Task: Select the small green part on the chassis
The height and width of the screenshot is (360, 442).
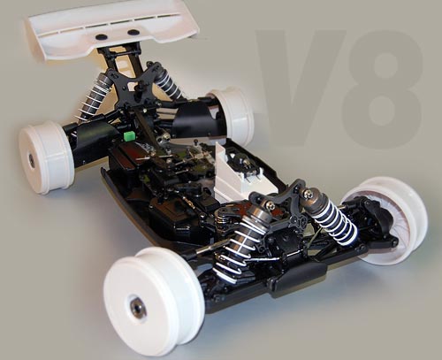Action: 129,137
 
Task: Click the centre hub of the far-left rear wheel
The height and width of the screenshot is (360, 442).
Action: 32,161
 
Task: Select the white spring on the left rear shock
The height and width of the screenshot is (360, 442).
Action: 93,97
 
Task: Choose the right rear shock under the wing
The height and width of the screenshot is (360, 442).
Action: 168,83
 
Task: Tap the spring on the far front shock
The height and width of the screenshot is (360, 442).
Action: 336,221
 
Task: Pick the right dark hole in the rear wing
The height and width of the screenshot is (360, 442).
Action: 133,32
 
